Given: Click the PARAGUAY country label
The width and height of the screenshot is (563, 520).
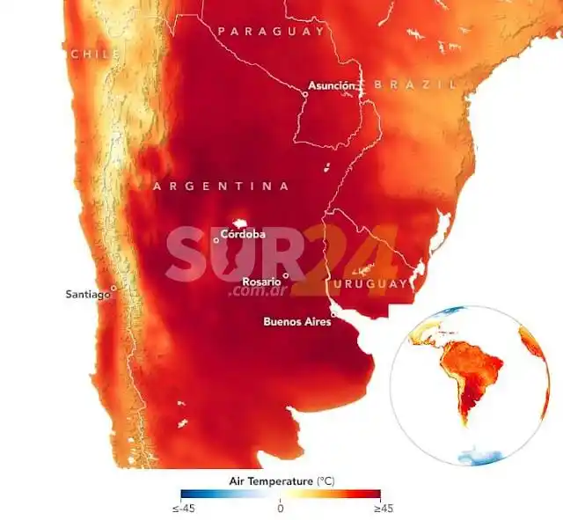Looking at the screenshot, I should [271, 32].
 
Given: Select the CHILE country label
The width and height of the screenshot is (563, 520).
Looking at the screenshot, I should [94, 55].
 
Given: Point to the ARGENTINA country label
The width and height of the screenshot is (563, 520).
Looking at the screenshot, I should [221, 187].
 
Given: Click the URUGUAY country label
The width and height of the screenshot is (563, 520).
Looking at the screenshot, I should [370, 283].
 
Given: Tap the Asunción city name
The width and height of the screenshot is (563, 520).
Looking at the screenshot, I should [333, 86].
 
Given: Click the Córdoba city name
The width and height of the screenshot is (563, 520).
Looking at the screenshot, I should [243, 235].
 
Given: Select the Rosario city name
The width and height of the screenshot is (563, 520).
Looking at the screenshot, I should [260, 281].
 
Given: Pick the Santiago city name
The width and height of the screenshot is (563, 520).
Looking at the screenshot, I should [86, 294].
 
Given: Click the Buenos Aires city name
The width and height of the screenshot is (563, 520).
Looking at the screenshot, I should [296, 321].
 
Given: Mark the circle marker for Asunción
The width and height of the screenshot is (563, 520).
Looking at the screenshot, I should [304, 92].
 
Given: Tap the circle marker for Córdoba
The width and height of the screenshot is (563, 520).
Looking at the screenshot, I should [216, 239].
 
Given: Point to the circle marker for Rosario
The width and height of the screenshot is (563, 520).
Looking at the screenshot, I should [285, 275].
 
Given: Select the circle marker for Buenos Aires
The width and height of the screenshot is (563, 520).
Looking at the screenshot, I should [333, 311].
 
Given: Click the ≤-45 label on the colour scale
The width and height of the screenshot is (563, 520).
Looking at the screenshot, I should [181, 508].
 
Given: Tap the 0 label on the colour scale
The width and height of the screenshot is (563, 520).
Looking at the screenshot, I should [280, 508].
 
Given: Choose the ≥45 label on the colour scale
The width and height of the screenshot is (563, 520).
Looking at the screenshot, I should [379, 508].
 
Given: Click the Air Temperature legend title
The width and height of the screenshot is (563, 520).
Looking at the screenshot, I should [281, 481].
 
